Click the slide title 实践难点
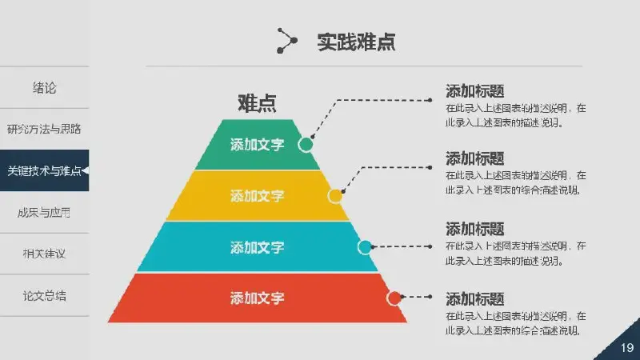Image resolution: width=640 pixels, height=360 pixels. click(x=356, y=42)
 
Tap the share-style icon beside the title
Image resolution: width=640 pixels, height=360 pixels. click(x=286, y=40)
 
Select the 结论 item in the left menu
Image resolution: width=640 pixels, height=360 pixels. click(x=45, y=87)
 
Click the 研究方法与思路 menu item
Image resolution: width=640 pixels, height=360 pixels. click(x=45, y=129)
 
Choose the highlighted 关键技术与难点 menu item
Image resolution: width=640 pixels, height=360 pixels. click(x=45, y=170)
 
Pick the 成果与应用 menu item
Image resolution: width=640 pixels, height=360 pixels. click(x=45, y=212)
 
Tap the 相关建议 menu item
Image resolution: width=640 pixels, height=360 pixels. click(x=45, y=254)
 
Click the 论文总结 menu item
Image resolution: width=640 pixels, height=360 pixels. click(x=45, y=295)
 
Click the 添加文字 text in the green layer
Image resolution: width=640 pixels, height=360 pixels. click(x=257, y=145)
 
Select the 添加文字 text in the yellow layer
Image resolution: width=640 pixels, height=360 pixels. click(x=257, y=196)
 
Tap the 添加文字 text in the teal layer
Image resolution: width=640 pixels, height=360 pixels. click(x=257, y=247)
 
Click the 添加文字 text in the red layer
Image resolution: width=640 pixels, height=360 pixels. click(x=257, y=298)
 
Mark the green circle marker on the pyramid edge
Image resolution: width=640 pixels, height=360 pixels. click(x=306, y=144)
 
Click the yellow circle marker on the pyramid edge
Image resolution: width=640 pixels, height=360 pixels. click(x=335, y=195)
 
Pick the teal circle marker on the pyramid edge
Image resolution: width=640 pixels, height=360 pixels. click(x=365, y=247)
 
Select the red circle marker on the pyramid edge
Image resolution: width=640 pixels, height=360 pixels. click(x=394, y=298)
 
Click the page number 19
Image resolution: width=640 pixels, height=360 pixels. click(x=626, y=347)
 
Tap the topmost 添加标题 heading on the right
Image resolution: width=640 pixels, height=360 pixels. click(x=474, y=90)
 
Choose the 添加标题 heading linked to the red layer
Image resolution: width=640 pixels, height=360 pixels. click(x=474, y=299)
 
